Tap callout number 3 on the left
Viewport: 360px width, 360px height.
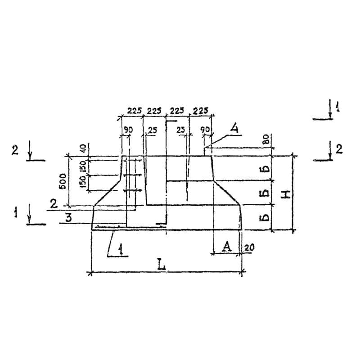(68, 217)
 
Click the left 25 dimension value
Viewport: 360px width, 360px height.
(153, 130)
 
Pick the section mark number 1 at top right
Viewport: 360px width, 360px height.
(337, 107)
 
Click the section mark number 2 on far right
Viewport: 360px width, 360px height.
(338, 149)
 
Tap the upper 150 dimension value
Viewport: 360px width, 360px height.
(83, 166)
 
